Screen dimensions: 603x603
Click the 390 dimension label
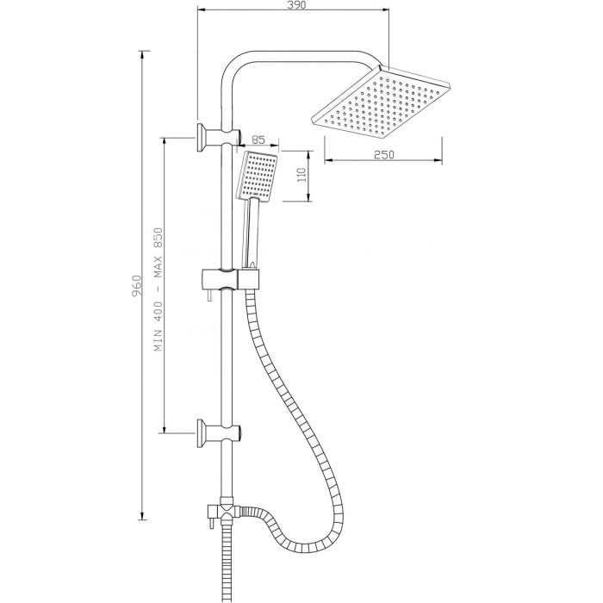click(x=295, y=5)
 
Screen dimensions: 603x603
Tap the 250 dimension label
click(x=384, y=154)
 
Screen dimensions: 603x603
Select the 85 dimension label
click(x=258, y=140)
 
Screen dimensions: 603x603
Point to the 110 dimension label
click(x=301, y=175)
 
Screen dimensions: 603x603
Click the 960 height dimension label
click(x=137, y=285)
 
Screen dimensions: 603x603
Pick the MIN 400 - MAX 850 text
click(x=159, y=289)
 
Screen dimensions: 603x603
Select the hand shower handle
click(x=252, y=233)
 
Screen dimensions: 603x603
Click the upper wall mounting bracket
click(x=219, y=137)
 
